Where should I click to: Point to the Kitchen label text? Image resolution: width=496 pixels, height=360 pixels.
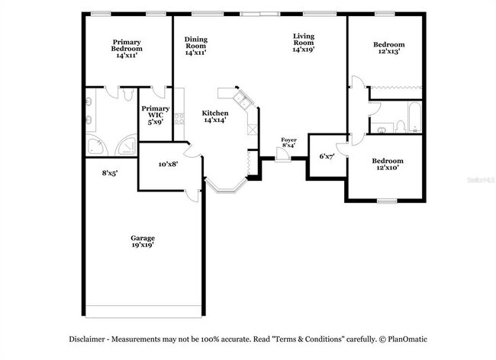point(215,116)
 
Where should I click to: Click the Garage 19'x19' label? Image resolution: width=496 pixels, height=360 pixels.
point(143,243)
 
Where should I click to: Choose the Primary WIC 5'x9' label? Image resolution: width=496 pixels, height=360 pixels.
point(155,114)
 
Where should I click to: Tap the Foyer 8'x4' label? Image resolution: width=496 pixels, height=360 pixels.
point(288,143)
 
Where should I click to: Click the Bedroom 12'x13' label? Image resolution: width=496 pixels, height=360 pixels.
point(387,48)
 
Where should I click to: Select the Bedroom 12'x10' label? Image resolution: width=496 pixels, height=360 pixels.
point(387,165)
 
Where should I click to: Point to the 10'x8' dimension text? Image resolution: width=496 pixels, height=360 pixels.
point(168,163)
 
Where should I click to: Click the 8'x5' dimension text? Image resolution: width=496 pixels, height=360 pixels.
point(110,173)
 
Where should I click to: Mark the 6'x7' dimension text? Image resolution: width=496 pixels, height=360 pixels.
point(327,156)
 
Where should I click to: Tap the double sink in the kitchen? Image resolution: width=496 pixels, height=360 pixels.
point(241,99)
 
